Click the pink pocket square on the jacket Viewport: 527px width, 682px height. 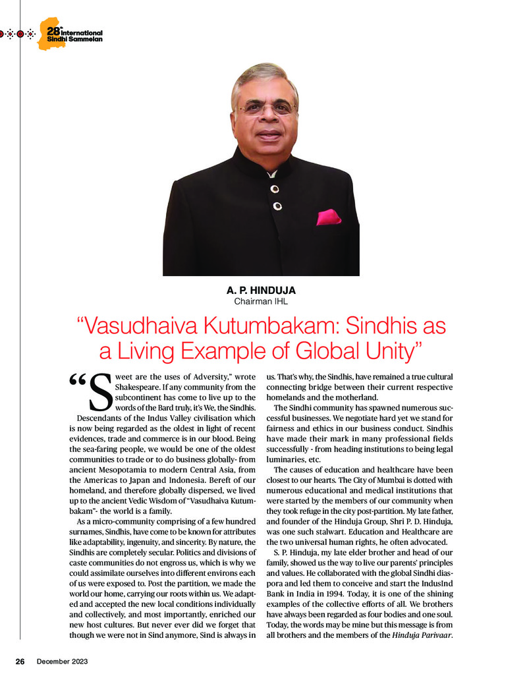pos(328,217)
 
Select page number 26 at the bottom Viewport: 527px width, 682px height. pos(20,661)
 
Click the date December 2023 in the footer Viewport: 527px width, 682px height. pos(62,661)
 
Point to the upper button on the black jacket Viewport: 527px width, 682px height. pos(274,188)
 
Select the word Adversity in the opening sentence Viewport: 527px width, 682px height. pos(201,377)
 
